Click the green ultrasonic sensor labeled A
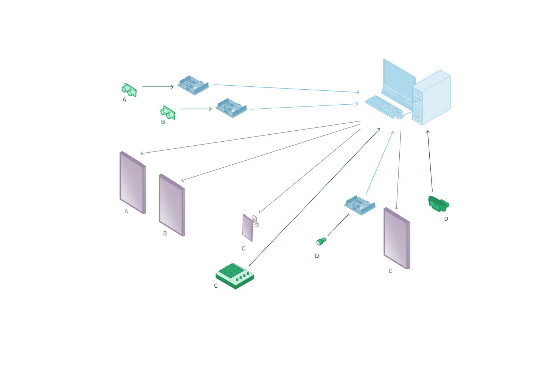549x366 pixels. coord(129,90)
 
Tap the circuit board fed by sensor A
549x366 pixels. coord(193,85)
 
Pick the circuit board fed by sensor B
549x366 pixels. coord(231,108)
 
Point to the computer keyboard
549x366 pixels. coord(384,107)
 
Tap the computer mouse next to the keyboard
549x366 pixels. coord(400,117)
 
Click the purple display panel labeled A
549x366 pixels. coord(132,182)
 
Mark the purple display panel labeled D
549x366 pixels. coord(396,238)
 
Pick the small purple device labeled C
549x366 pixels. coord(249,227)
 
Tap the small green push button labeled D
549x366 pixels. coord(321,241)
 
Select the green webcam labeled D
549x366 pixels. coord(438,204)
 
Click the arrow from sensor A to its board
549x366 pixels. coord(158,87)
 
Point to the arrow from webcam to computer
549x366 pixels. coord(430,161)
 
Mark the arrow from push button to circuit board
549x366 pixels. coord(339,225)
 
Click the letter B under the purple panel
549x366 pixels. coord(165,234)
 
